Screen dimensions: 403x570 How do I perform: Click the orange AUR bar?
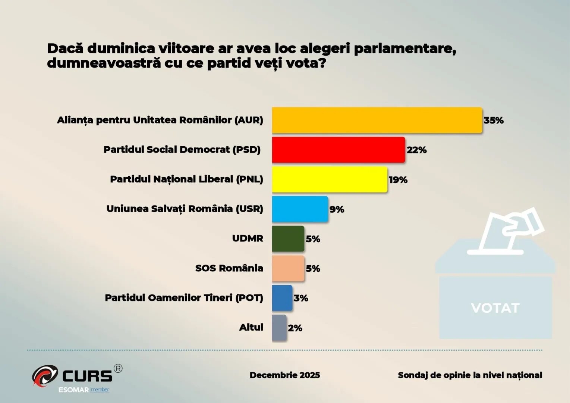click(377, 120)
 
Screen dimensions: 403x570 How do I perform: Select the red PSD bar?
click(338, 150)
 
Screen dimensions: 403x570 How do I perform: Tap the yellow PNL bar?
click(330, 179)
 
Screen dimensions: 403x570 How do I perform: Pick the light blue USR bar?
click(300, 209)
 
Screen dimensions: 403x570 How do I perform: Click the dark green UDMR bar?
click(288, 238)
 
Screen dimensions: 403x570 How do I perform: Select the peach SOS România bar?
click(288, 268)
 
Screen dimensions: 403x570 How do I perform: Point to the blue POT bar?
click(282, 298)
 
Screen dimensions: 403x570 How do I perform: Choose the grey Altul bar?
click(279, 328)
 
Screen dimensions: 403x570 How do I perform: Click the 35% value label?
click(494, 120)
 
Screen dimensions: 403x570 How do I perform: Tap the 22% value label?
click(416, 150)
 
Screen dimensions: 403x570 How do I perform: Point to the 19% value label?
click(398, 180)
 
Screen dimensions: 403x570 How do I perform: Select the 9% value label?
click(337, 209)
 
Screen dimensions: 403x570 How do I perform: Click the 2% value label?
click(295, 328)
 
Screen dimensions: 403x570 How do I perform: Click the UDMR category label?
click(248, 238)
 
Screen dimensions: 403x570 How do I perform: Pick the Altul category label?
click(251, 327)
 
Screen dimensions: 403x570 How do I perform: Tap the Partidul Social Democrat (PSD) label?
click(182, 150)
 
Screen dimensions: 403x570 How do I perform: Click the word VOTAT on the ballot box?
click(495, 308)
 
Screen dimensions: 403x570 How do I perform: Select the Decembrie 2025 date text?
click(285, 375)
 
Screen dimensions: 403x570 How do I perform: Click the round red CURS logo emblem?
click(45, 375)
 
